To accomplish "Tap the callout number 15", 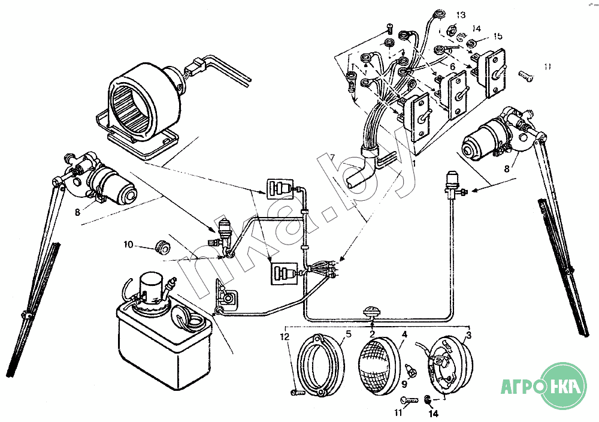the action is tap(498, 37).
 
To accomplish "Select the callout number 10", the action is tap(128, 245).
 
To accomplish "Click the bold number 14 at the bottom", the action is tap(432, 414).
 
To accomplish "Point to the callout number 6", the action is tap(453, 66).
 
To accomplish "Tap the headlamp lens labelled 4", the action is tap(379, 360).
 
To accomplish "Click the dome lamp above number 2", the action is tap(373, 313).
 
